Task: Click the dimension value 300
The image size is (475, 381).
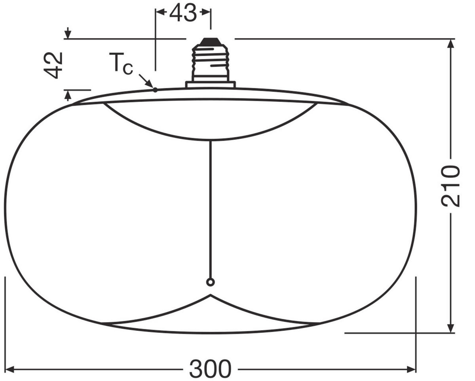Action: tap(210, 369)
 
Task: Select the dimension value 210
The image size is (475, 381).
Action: tap(451, 186)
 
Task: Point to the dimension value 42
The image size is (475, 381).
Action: tap(53, 65)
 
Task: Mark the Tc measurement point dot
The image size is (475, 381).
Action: tap(155, 90)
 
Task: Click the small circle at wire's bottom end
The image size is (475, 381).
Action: tap(211, 282)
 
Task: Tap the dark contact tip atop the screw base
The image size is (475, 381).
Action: tap(211, 41)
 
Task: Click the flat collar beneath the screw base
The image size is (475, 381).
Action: tap(211, 84)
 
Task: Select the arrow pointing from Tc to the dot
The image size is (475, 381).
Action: tap(146, 81)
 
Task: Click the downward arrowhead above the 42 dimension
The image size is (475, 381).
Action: tap(68, 34)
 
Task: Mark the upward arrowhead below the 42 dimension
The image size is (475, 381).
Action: tap(68, 95)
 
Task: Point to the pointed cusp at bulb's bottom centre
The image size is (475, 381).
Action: tap(211, 295)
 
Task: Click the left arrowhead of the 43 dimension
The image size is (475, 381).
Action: tap(160, 12)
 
